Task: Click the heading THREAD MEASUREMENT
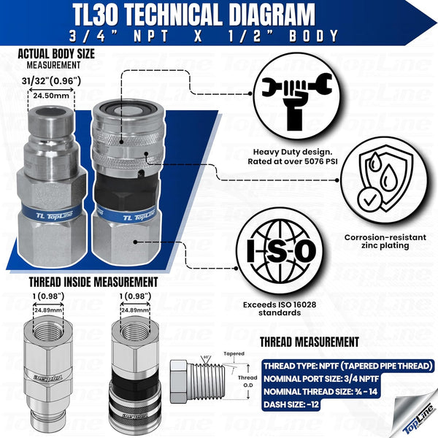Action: pyautogui.click(x=310, y=341)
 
